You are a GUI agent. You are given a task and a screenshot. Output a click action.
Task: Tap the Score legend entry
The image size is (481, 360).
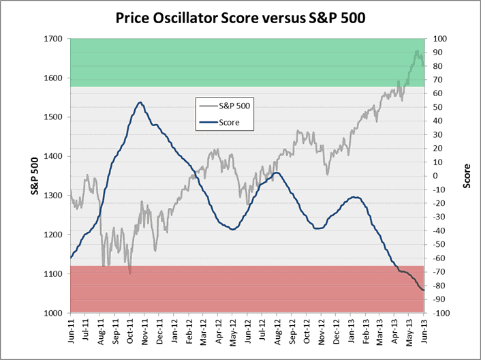click(229, 123)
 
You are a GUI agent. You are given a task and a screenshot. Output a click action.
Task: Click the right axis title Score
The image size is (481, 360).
click(468, 176)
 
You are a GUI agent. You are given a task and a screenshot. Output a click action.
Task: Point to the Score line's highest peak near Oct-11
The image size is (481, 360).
click(139, 102)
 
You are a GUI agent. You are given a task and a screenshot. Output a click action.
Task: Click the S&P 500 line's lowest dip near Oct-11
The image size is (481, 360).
click(129, 273)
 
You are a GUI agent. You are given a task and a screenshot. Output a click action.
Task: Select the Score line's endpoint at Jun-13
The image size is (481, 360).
click(424, 290)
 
